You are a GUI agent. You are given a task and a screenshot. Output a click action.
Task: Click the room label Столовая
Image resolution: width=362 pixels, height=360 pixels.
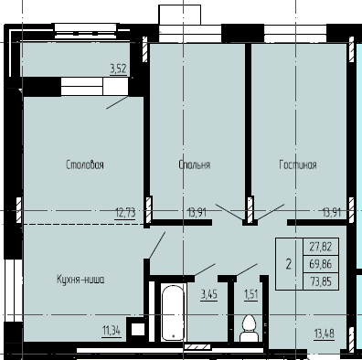coord(84,165)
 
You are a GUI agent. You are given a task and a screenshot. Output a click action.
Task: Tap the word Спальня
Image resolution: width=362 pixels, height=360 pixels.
coord(194,165)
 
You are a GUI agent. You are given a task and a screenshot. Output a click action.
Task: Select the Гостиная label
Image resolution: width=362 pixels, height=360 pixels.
coord(298,165)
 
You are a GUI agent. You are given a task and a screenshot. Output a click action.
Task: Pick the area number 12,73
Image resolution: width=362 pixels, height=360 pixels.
coord(125,213)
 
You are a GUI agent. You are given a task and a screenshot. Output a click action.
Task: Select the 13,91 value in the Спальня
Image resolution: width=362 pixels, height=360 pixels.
coord(197,213)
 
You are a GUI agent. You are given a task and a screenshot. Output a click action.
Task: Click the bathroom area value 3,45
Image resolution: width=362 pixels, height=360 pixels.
coord(208,294)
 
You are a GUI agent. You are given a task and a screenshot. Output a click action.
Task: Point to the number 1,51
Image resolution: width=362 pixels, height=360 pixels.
coord(251,294)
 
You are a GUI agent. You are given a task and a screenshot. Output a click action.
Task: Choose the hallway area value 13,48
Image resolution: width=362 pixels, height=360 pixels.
coord(325,333)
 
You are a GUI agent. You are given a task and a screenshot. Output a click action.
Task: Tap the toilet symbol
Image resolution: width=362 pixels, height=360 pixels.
coord(248,330)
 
